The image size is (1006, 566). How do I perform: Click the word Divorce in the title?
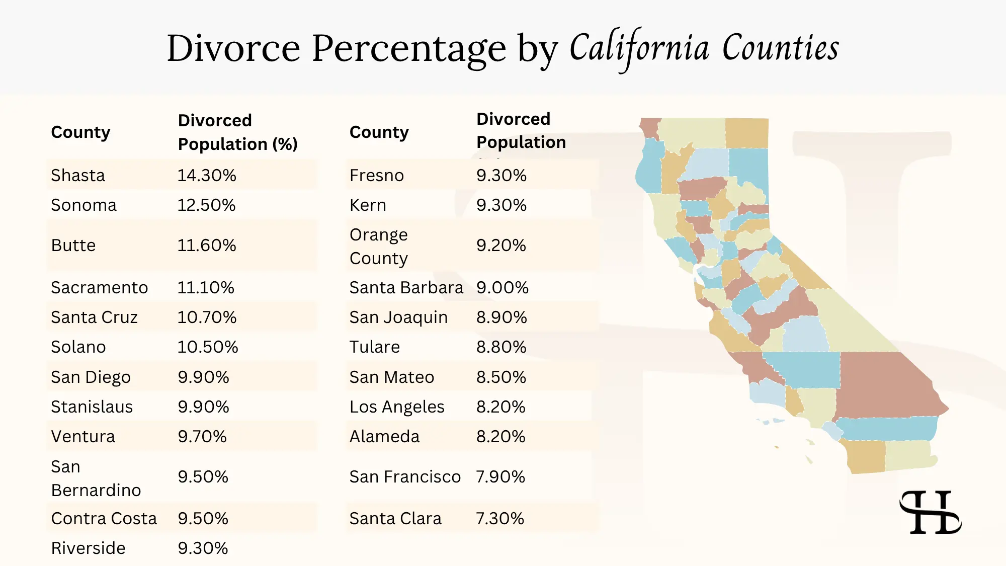point(233,48)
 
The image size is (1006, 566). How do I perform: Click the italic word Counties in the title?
point(781,48)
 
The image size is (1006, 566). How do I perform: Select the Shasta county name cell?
point(78,175)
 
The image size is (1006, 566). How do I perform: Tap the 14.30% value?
point(207,175)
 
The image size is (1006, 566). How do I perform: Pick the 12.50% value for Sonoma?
point(206,205)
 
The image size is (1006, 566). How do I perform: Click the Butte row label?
point(73,245)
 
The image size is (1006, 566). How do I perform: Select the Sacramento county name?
point(100,287)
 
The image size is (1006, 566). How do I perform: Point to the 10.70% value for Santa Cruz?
point(207,317)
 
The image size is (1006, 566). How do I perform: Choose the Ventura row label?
point(83,436)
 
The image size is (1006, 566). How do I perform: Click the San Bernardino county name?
point(96,478)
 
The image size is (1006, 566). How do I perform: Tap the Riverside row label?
point(88,548)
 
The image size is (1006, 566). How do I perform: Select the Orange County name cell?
point(379,246)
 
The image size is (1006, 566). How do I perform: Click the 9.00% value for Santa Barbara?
point(502,287)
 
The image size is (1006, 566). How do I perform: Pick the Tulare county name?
point(375,347)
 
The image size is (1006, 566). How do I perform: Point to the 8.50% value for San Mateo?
point(501,377)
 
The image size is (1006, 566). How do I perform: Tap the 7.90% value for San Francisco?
point(500,476)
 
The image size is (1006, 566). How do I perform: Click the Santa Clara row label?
point(395,518)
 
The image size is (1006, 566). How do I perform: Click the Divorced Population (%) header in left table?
point(237,132)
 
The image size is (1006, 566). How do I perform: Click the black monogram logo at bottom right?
point(930,512)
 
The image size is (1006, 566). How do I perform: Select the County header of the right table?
point(379,132)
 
